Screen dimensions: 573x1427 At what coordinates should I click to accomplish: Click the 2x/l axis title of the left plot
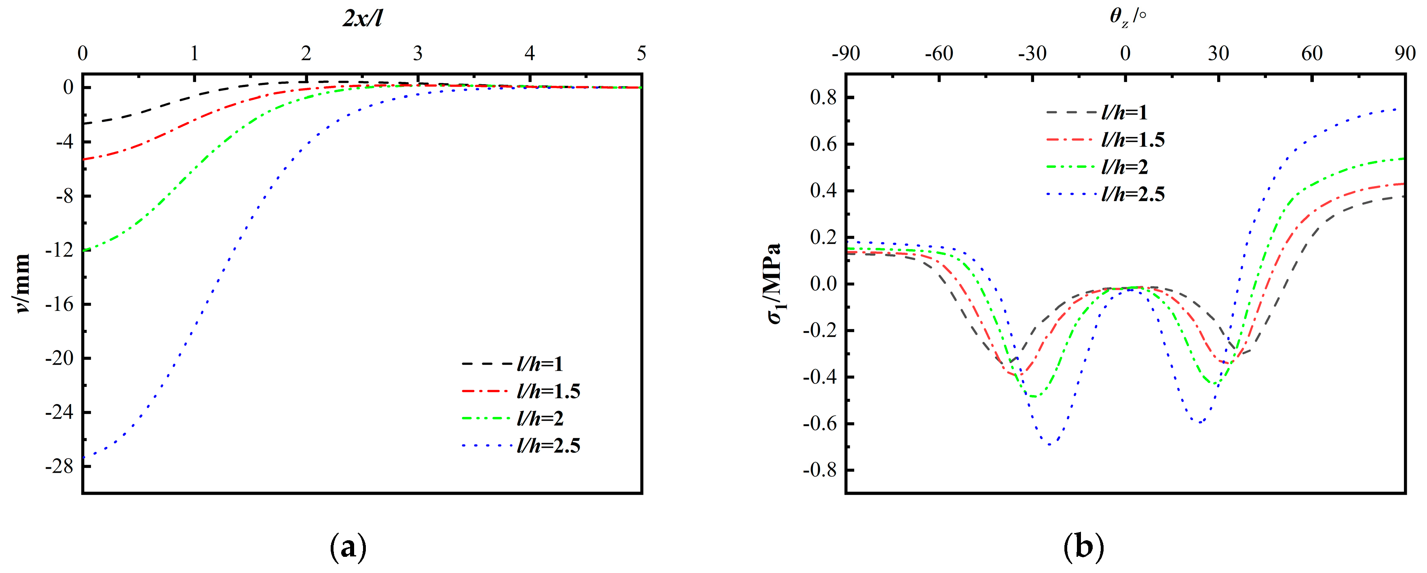click(362, 18)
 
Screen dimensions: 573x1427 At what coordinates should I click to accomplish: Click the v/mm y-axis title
click(22, 284)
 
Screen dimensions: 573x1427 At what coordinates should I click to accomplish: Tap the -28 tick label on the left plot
click(59, 467)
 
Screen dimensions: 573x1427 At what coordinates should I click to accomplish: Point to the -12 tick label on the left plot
click(59, 250)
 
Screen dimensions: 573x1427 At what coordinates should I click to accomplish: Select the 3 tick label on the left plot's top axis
click(418, 54)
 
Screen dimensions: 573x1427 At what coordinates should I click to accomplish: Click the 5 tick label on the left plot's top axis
click(641, 54)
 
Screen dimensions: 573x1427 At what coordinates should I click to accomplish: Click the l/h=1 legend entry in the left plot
click(540, 364)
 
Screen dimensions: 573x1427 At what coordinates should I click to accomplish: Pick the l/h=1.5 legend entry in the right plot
click(1132, 140)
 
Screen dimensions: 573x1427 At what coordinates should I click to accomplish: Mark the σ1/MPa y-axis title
click(775, 284)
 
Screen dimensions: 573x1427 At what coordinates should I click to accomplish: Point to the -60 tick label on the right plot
click(939, 54)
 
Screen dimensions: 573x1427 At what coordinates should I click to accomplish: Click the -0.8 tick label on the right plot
click(820, 470)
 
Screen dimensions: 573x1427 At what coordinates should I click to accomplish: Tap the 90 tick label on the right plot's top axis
click(1405, 54)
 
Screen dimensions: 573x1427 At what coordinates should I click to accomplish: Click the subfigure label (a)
click(348, 548)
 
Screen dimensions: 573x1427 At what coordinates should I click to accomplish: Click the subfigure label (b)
click(1083, 548)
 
